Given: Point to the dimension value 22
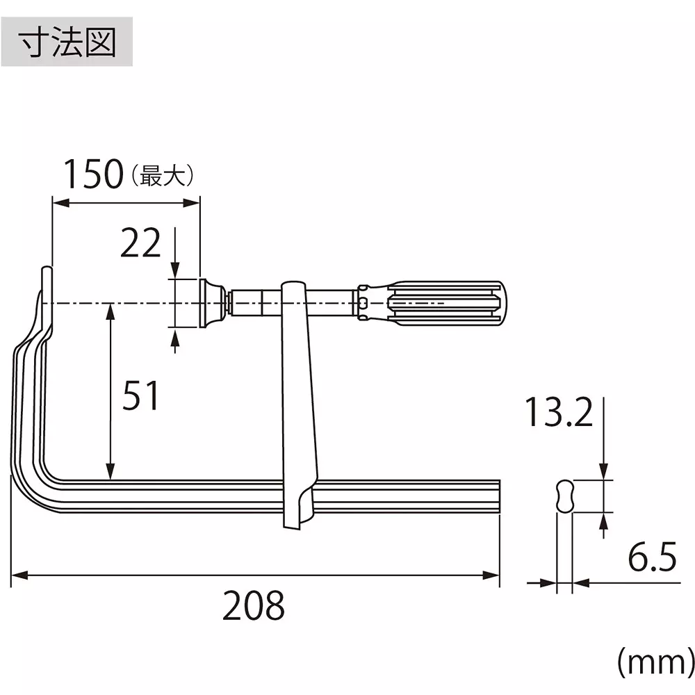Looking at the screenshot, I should click(x=140, y=244).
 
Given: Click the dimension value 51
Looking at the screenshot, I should click(x=140, y=397).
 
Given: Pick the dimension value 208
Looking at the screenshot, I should click(x=253, y=606).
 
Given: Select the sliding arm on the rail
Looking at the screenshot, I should click(x=299, y=403).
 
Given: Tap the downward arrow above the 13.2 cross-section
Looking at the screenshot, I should click(x=603, y=472).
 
